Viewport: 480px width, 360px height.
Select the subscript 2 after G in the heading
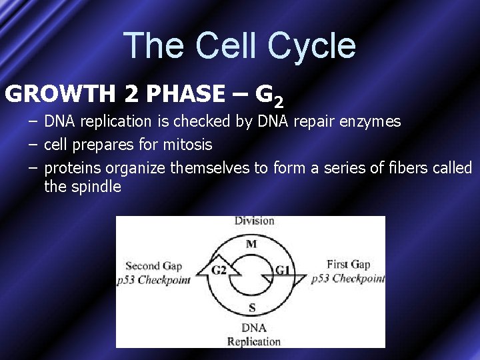(279, 102)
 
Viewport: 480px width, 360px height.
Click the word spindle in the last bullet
(96, 187)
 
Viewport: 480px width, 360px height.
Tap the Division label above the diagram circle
(254, 221)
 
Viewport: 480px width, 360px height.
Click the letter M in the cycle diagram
(251, 244)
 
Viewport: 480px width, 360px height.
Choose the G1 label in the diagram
(283, 269)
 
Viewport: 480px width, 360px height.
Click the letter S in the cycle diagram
(251, 307)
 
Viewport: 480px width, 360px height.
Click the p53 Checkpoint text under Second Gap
(153, 280)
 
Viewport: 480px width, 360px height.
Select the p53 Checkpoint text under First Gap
(348, 279)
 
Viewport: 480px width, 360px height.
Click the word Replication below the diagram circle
(253, 341)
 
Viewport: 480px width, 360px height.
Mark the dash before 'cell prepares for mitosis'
(33, 144)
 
